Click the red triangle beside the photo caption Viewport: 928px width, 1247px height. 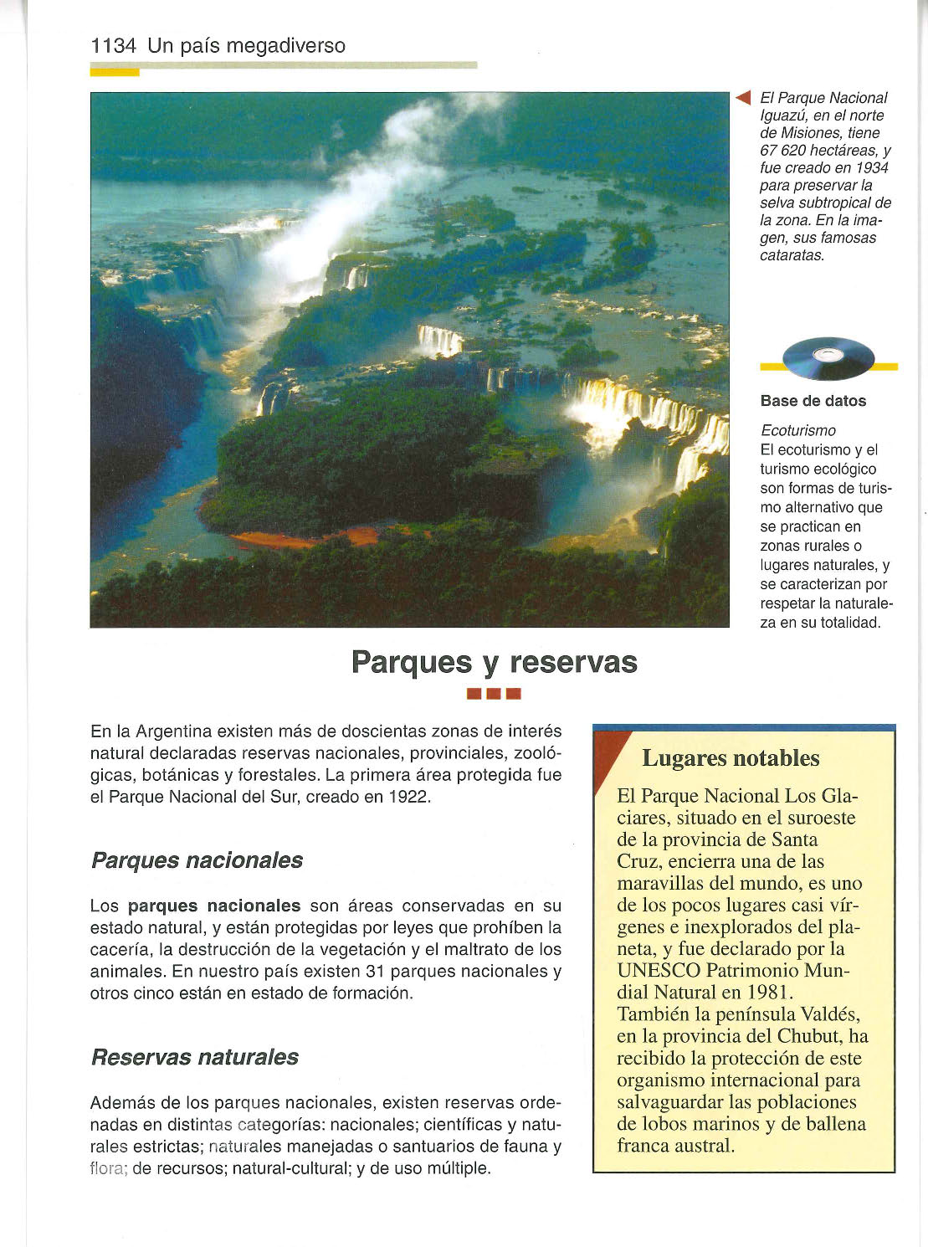pos(743,98)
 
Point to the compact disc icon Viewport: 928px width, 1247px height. pos(828,358)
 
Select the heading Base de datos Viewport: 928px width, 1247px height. pos(813,401)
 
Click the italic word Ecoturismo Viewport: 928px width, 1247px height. pos(797,430)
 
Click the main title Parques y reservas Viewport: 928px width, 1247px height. pos(494,662)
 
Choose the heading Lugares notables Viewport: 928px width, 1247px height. pos(731,758)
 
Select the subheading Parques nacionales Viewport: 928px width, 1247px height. pos(197,860)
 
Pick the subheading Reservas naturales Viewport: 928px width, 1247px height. pos(194,1057)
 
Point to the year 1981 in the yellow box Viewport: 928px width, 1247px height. pos(766,993)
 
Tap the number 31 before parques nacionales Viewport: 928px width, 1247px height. pos(376,972)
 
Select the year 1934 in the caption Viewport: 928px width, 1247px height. pos(871,168)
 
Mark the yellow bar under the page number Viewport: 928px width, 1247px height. pos(115,72)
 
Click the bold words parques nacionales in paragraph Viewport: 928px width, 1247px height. pos(213,906)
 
